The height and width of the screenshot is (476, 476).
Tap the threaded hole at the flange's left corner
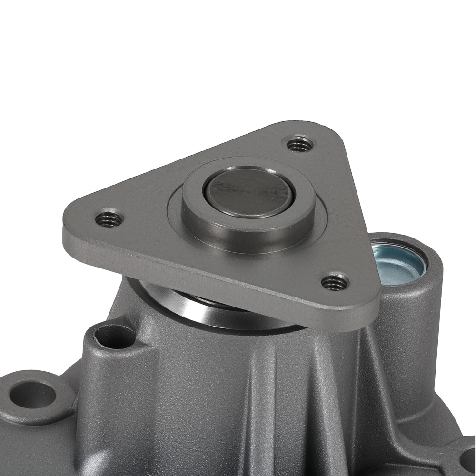click(109, 219)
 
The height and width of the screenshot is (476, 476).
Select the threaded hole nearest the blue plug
click(335, 282)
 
